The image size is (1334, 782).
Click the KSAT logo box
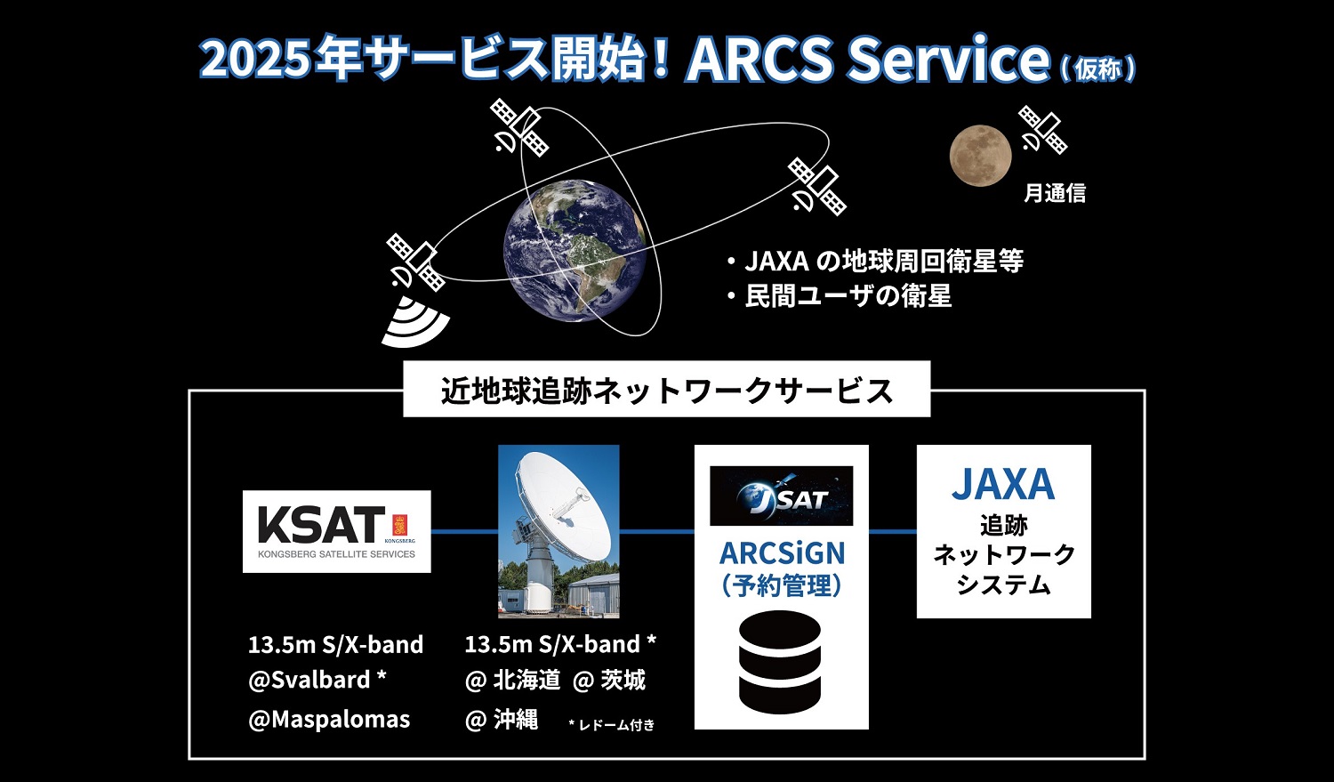[x=336, y=531]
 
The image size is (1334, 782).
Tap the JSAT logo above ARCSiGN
[x=782, y=496]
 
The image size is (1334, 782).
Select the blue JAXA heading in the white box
[x=1003, y=484]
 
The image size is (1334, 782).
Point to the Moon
[x=980, y=156]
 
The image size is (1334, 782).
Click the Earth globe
[x=575, y=251]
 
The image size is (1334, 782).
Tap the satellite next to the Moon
[x=1043, y=130]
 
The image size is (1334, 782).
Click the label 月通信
[x=1055, y=193]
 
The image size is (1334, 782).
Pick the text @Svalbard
[x=309, y=680]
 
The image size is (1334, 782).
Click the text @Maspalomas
[x=329, y=720]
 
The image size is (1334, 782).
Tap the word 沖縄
[x=516, y=720]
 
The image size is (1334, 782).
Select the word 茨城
[x=623, y=680]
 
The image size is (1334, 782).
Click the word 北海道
[x=527, y=680]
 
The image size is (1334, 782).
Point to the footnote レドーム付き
[x=616, y=725]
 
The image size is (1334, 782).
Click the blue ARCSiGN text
[x=782, y=553]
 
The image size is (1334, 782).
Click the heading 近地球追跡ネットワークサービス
[x=667, y=391]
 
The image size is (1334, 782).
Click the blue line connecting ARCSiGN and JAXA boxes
[x=893, y=531]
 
